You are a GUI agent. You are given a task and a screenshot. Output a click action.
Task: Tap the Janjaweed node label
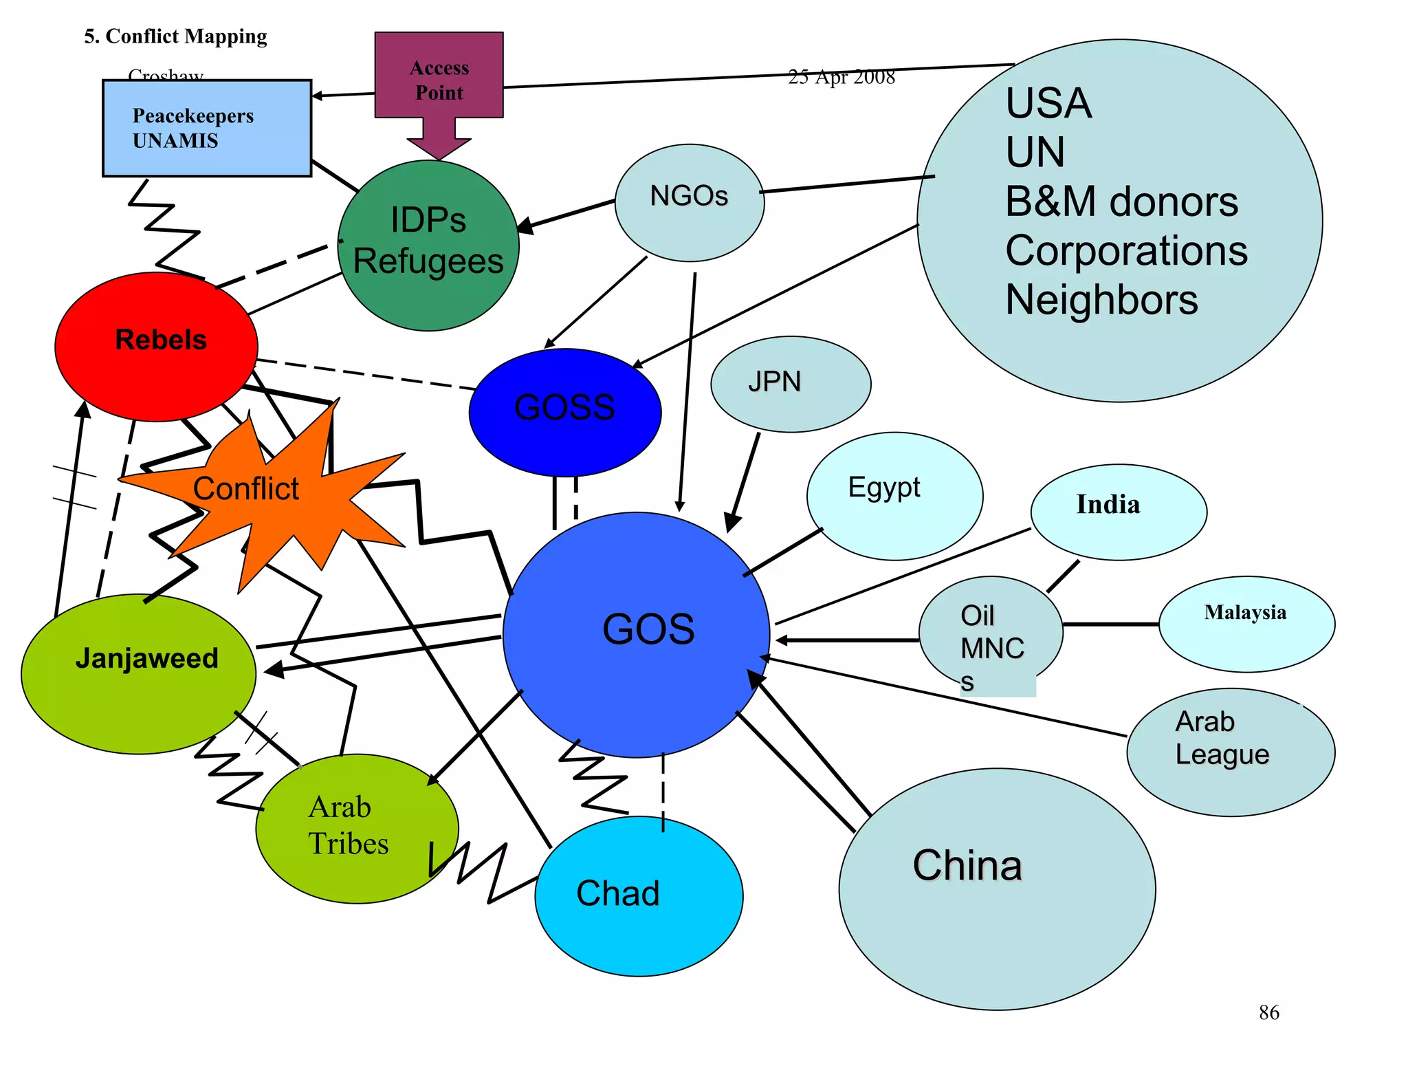(147, 658)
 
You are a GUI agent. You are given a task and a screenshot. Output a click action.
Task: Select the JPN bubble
(790, 384)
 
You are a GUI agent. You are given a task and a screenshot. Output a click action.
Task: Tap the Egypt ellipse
(894, 495)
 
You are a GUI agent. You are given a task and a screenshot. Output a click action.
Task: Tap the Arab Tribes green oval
(356, 828)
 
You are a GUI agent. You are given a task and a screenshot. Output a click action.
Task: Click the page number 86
(1268, 1012)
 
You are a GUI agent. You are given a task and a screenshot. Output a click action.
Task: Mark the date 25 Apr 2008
(841, 77)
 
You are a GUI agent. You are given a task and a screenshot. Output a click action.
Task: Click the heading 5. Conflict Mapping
(175, 36)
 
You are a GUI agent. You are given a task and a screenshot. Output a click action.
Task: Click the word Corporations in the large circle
(1125, 250)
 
